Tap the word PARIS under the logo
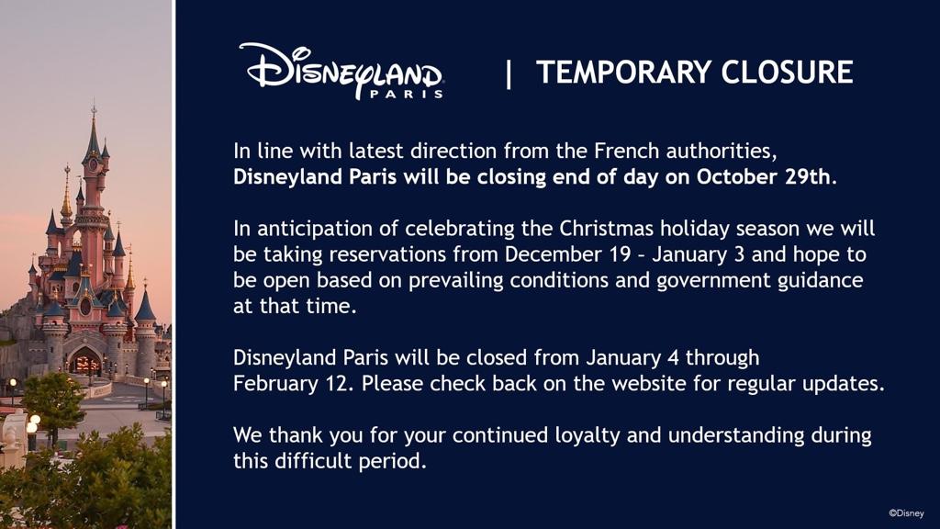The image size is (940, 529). pyautogui.click(x=407, y=94)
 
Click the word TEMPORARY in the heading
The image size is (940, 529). pyautogui.click(x=623, y=72)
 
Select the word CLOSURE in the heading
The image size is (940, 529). pyautogui.click(x=787, y=72)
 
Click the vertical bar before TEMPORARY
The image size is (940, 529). pyautogui.click(x=509, y=74)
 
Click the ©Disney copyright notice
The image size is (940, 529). pyautogui.click(x=906, y=513)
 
